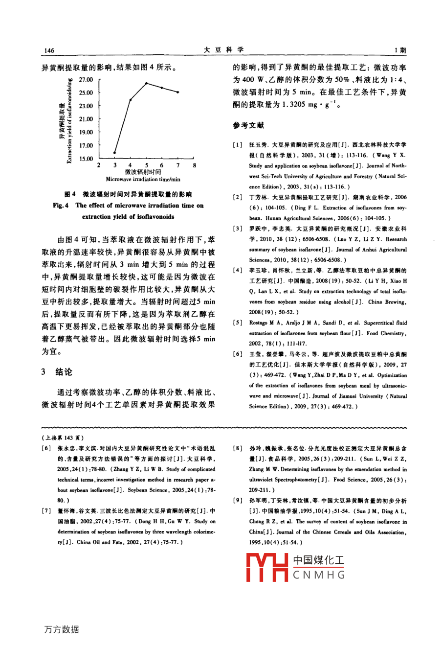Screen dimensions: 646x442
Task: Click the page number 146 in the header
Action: pyautogui.click(x=49, y=51)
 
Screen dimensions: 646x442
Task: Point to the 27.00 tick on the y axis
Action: pyautogui.click(x=86, y=79)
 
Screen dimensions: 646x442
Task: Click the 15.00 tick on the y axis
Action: pyautogui.click(x=86, y=159)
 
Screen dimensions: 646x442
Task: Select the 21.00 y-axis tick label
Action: pyautogui.click(x=86, y=119)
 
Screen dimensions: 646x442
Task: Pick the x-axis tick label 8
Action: pyautogui.click(x=194, y=165)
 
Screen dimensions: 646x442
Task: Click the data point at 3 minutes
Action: pyautogui.click(x=115, y=153)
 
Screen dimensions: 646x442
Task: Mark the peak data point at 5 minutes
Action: pyautogui.click(x=146, y=83)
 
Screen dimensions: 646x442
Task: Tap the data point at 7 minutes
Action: pyautogui.click(x=178, y=92)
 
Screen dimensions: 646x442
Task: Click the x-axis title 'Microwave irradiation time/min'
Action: pyautogui.click(x=143, y=180)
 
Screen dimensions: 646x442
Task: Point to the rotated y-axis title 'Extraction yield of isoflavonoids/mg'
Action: pyautogui.click(x=69, y=120)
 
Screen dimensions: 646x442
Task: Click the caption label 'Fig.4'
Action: pyautogui.click(x=61, y=206)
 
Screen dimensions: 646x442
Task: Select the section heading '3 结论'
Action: pyautogui.click(x=57, y=372)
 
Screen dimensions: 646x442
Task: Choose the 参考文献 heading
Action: pyautogui.click(x=248, y=125)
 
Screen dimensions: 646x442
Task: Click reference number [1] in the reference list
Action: pyautogui.click(x=237, y=145)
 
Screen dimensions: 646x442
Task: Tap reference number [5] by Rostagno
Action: pyautogui.click(x=237, y=323)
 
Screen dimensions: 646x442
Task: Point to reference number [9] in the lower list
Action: pyautogui.click(x=237, y=501)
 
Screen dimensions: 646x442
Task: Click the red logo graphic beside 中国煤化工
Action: pyautogui.click(x=267, y=567)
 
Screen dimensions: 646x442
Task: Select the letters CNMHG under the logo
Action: pyautogui.click(x=319, y=576)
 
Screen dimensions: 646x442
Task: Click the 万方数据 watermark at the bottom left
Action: pyautogui.click(x=61, y=630)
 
